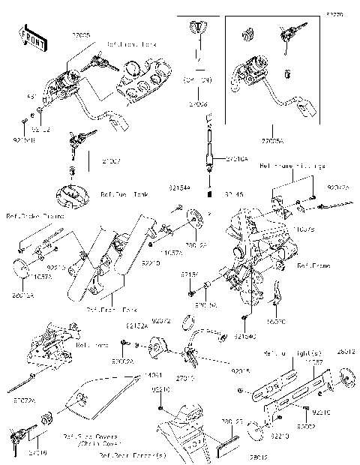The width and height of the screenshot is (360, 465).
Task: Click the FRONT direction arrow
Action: (x=28, y=39)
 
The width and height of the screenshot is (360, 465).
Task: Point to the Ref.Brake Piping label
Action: (x=35, y=215)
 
